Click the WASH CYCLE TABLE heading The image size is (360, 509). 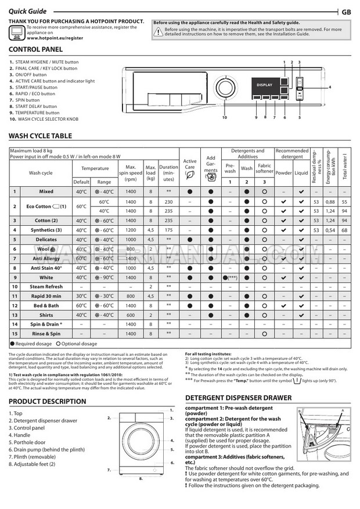pyautogui.click(x=41, y=136)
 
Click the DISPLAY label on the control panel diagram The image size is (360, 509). pyautogui.click(x=264, y=85)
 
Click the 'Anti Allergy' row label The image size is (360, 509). pyautogui.click(x=46, y=258)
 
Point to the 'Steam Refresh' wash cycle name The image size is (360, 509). pyautogui.click(x=46, y=287)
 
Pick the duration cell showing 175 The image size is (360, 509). pyautogui.click(x=169, y=230)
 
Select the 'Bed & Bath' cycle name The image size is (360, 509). pyautogui.click(x=46, y=305)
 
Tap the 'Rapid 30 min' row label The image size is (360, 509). pyautogui.click(x=46, y=296)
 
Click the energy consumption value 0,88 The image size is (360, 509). pyautogui.click(x=330, y=201)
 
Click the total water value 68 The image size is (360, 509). pyautogui.click(x=344, y=230)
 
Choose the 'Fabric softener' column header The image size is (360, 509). pyautogui.click(x=264, y=169)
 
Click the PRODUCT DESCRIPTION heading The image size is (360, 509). pyautogui.click(x=48, y=401)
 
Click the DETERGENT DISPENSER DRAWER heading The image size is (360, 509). pyautogui.click(x=237, y=398)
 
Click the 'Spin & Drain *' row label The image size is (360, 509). pyautogui.click(x=46, y=324)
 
